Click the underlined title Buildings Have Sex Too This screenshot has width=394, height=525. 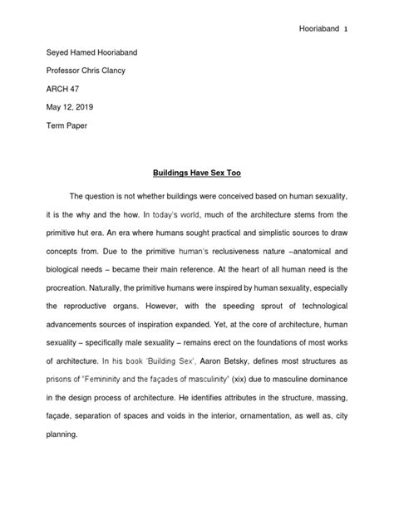197,175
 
